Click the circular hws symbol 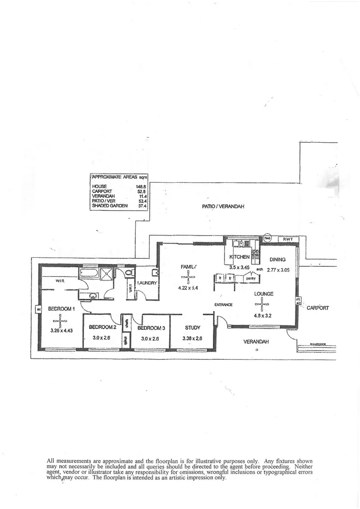[x=268, y=238]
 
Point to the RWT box [x=288, y=239]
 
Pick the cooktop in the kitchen [x=255, y=256]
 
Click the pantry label [x=250, y=279]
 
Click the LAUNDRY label [x=147, y=283]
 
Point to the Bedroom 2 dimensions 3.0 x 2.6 [x=102, y=337]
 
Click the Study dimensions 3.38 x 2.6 [x=192, y=338]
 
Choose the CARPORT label [x=318, y=308]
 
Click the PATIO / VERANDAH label [x=223, y=206]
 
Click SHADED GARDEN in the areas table [x=110, y=205]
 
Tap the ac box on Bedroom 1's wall [x=37, y=310]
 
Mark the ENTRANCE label [x=223, y=304]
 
